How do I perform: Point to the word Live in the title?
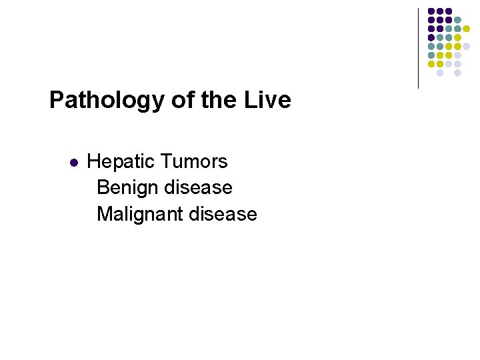[269, 100]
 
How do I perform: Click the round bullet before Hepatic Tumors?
[74, 162]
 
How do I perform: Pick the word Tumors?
[195, 161]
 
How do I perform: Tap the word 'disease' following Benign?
[199, 187]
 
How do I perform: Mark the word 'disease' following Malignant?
[223, 214]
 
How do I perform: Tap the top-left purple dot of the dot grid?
[431, 11]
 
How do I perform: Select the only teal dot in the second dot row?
[458, 20]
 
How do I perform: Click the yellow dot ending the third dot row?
[467, 29]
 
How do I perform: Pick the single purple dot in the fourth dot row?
[431, 38]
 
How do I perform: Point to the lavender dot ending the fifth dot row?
[467, 47]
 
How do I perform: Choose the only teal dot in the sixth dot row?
[431, 55]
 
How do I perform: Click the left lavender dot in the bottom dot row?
[440, 73]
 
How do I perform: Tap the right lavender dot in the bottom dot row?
[458, 73]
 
